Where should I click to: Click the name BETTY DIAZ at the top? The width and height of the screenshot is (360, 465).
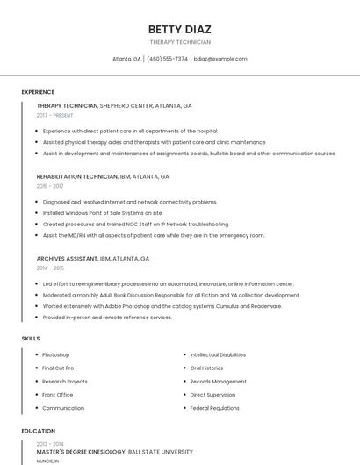pyautogui.click(x=180, y=29)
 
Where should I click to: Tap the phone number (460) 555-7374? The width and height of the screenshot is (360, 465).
pyautogui.click(x=167, y=59)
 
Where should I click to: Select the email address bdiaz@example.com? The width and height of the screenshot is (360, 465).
pyautogui.click(x=220, y=59)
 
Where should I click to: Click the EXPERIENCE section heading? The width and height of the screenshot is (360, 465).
pyautogui.click(x=38, y=92)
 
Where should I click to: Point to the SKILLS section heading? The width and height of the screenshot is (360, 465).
pyautogui.click(x=31, y=338)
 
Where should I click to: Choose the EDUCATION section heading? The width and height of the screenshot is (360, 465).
pyautogui.click(x=38, y=431)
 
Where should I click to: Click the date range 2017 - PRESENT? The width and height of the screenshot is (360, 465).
pyautogui.click(x=55, y=115)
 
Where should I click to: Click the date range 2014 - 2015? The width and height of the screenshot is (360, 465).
pyautogui.click(x=50, y=268)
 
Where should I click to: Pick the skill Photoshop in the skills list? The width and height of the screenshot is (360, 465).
pyautogui.click(x=55, y=354)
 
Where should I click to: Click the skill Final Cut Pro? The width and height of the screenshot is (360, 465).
pyautogui.click(x=58, y=368)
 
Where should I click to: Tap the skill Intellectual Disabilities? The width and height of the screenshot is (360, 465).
pyautogui.click(x=218, y=354)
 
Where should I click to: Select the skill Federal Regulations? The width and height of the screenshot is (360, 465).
pyautogui.click(x=214, y=408)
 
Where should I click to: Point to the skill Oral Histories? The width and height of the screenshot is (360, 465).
pyautogui.click(x=206, y=368)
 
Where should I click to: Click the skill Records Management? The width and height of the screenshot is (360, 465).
pyautogui.click(x=218, y=382)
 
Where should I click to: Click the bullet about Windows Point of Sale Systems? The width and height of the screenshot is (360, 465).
pyautogui.click(x=103, y=212)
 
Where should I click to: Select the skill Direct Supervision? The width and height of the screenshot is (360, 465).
pyautogui.click(x=212, y=395)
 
